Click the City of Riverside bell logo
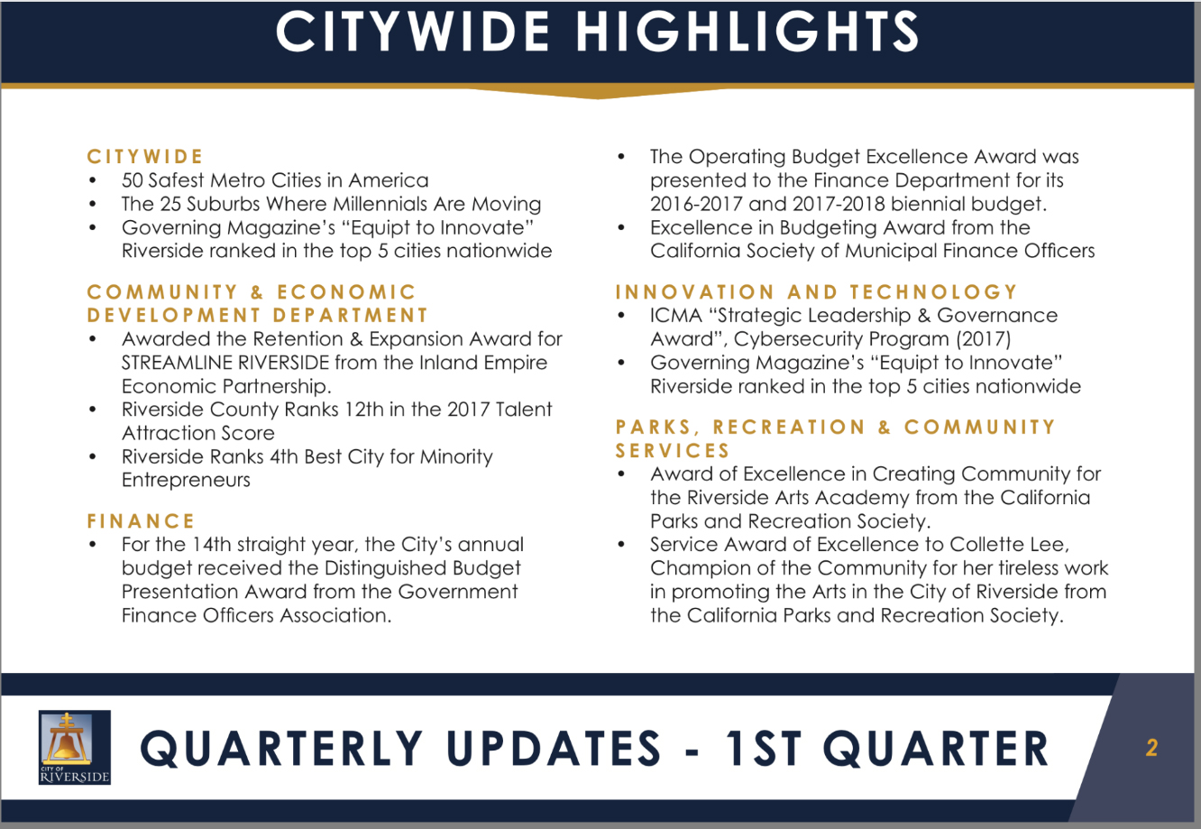click(75, 747)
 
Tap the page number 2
click(1151, 748)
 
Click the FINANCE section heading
click(141, 521)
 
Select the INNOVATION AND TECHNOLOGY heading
click(816, 292)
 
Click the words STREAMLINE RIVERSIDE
click(225, 363)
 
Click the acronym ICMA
click(676, 316)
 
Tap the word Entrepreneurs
click(186, 480)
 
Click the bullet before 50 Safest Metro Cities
click(93, 180)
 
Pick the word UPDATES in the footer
click(554, 748)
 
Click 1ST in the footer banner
click(764, 748)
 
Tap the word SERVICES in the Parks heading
click(673, 450)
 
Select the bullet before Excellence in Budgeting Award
click(621, 228)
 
